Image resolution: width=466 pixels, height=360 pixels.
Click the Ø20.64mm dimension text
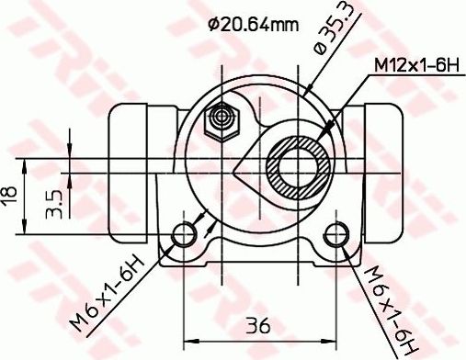pyautogui.click(x=253, y=25)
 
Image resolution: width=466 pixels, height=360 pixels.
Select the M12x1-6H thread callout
pyautogui.click(x=415, y=65)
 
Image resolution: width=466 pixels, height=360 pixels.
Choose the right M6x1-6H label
pyautogui.click(x=388, y=302)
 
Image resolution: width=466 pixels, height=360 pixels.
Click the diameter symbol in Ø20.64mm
pyautogui.click(x=212, y=25)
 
